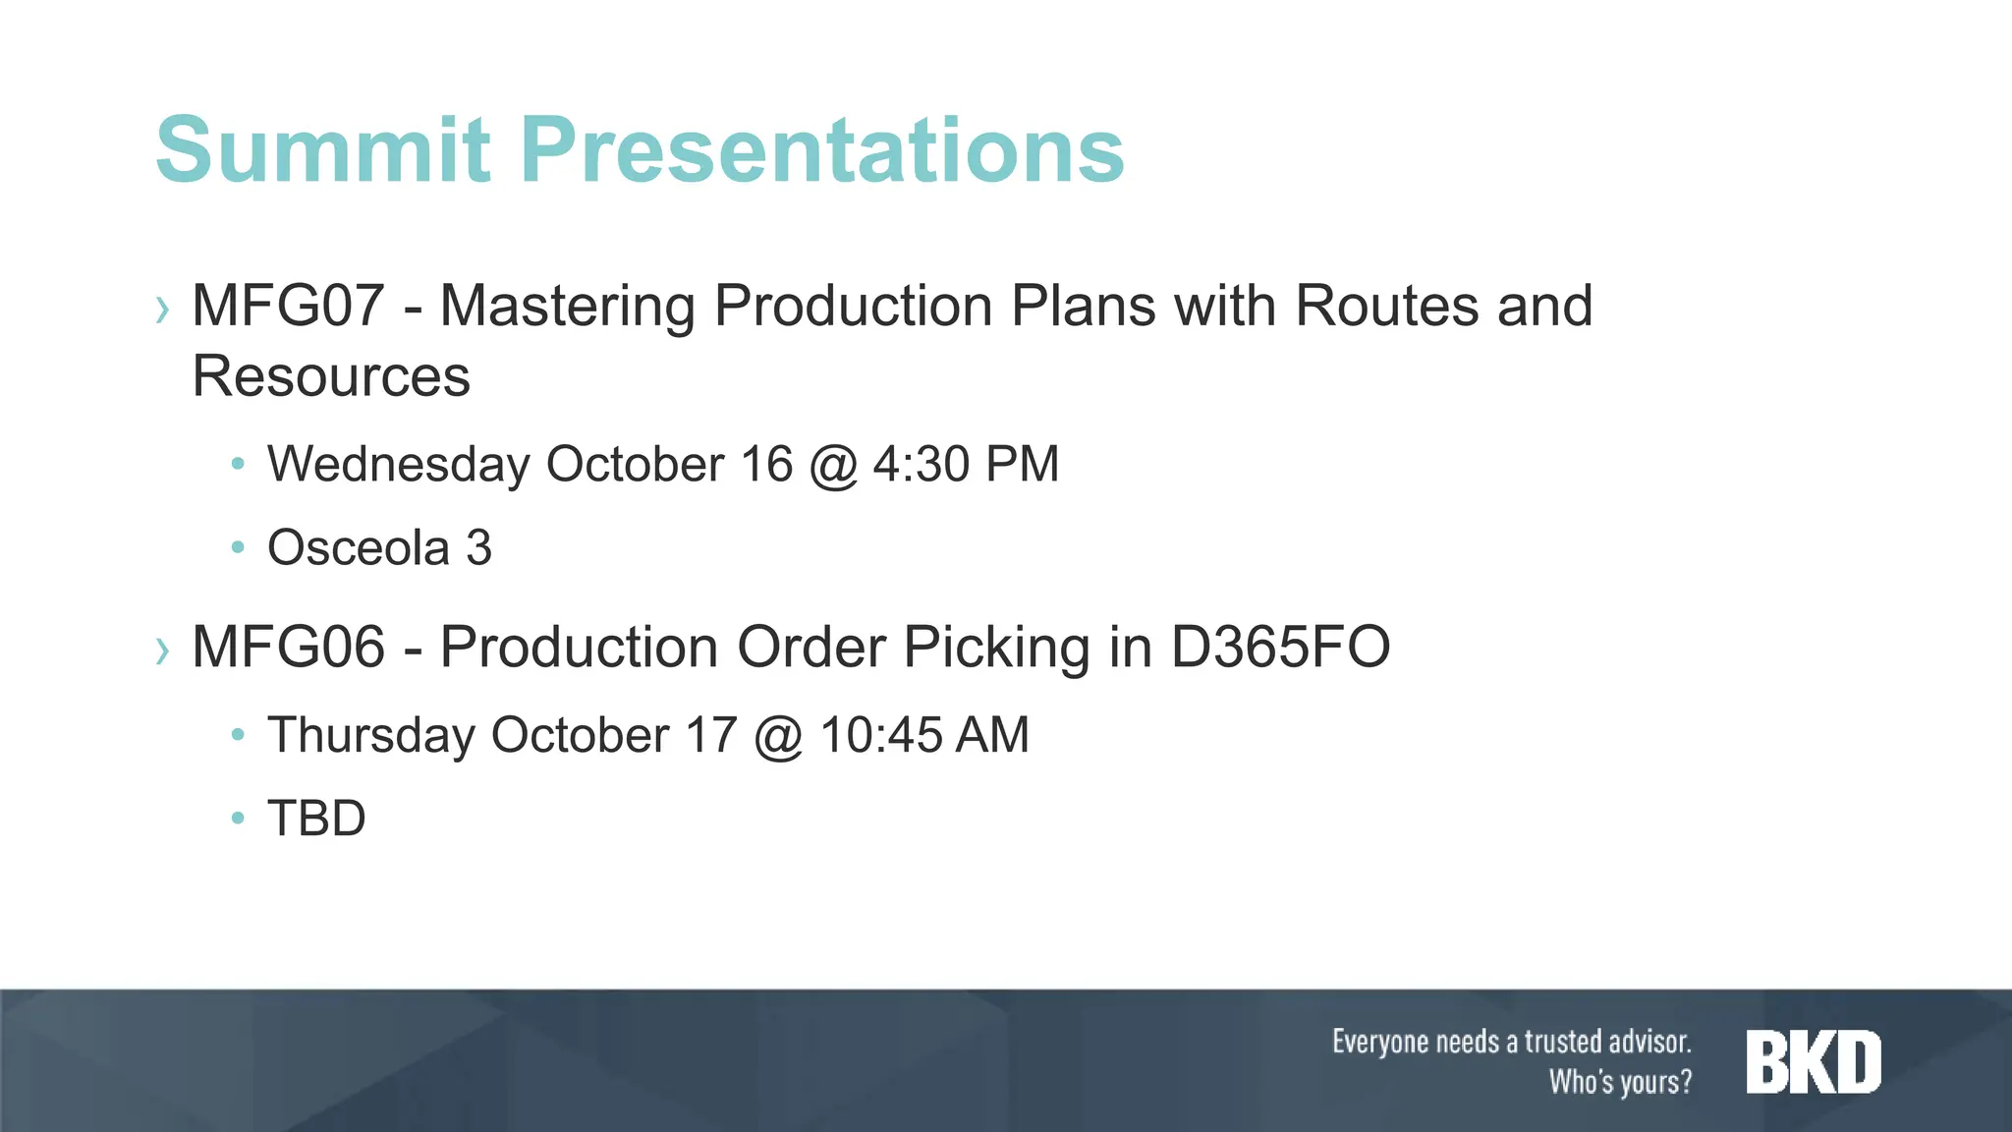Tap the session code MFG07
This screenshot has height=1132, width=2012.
[288, 306]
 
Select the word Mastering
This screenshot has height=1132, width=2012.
[567, 306]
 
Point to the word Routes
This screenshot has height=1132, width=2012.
[1386, 306]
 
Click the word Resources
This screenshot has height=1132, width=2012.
[331, 376]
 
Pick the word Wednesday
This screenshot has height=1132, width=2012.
[398, 464]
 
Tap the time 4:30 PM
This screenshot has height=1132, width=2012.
[966, 464]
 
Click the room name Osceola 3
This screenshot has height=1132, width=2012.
[379, 547]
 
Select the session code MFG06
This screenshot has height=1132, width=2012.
[288, 647]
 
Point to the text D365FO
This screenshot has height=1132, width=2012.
[1280, 647]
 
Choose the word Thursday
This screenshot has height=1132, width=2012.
[370, 735]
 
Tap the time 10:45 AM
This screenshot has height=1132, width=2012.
[923, 735]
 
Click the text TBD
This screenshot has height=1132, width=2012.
[316, 819]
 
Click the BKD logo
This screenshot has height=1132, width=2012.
[1814, 1062]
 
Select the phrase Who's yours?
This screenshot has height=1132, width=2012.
[1620, 1082]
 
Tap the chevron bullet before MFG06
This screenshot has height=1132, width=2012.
[162, 651]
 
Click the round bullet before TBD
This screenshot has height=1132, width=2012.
[237, 818]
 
